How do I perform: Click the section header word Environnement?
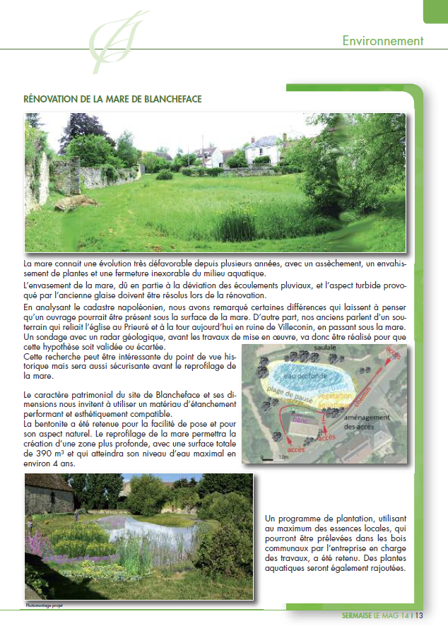pos(382,40)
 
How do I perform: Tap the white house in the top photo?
pos(262,150)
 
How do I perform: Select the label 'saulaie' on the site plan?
pos(326,349)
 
